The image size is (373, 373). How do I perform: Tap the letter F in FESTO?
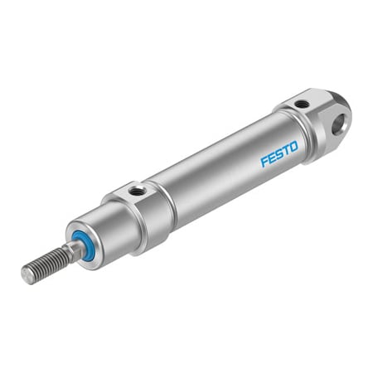264,162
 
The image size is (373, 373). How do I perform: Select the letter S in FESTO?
279,154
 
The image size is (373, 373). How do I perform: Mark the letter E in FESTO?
272,157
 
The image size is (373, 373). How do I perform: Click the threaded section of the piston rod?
46,264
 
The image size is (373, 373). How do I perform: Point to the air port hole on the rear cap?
302,104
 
